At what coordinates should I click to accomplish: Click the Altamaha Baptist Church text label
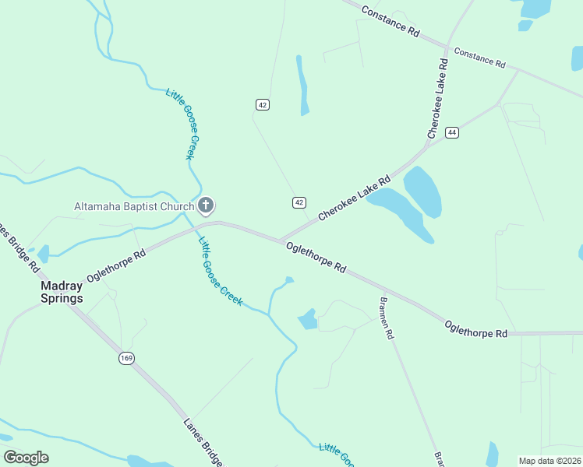click(133, 206)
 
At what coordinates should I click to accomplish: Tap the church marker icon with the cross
click(206, 206)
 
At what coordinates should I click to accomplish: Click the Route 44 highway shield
click(452, 133)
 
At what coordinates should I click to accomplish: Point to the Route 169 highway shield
click(126, 358)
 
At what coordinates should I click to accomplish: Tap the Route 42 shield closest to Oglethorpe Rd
click(299, 202)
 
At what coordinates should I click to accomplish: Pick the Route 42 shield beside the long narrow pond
click(263, 105)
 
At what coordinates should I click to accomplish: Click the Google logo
click(26, 457)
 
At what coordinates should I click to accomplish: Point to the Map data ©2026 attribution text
click(549, 460)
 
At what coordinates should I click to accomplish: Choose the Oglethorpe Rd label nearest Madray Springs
click(117, 265)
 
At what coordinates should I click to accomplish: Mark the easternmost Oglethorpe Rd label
click(475, 328)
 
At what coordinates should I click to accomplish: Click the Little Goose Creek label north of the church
click(179, 124)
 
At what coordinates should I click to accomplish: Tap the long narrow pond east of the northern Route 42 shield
click(302, 86)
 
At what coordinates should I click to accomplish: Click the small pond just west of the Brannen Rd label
click(308, 319)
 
